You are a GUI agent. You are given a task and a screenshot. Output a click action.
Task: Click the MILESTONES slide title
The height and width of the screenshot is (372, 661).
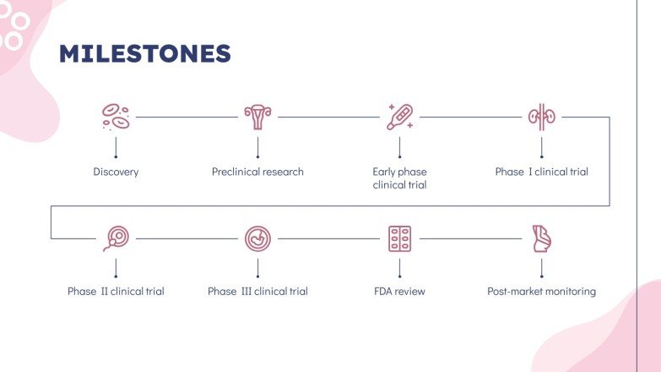144,54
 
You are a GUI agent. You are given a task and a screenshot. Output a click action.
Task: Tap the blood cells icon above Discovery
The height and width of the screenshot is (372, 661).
116,117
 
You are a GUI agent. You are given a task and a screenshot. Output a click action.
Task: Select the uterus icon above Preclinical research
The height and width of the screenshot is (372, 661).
257,117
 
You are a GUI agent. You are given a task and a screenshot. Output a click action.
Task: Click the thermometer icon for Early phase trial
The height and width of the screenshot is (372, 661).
399,117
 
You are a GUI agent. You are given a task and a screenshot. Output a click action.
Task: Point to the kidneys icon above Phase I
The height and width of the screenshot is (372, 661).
541,117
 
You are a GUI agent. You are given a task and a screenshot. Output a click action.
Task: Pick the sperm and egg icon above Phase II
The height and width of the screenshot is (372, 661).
116,238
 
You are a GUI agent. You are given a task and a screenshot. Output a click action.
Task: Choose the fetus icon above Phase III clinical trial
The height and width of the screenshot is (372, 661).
257,238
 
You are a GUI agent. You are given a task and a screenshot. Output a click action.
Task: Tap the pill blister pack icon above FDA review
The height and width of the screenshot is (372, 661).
399,238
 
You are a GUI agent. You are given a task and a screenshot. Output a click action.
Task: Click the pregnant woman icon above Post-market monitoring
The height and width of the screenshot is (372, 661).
541,238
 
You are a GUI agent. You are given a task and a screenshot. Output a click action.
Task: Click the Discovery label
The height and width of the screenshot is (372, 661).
116,172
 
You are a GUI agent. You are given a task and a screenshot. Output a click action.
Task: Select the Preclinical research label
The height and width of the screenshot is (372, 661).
257,172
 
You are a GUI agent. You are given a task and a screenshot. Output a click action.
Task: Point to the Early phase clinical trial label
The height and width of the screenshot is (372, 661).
399,178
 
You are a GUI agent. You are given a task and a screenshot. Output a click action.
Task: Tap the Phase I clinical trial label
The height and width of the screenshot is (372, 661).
541,172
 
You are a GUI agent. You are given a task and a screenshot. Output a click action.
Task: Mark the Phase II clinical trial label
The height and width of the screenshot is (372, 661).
116,292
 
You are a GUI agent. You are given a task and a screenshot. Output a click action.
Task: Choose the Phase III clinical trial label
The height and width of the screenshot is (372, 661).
257,292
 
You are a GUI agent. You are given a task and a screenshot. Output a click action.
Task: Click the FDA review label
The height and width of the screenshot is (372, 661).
399,292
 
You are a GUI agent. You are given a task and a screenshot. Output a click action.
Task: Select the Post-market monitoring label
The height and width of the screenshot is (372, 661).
541,292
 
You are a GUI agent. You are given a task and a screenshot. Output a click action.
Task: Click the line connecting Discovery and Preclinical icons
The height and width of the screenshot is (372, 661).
187,117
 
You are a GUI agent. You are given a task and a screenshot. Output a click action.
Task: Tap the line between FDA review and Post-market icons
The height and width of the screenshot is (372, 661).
470,238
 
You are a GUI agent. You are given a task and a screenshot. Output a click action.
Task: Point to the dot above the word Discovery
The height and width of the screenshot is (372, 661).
116,157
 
